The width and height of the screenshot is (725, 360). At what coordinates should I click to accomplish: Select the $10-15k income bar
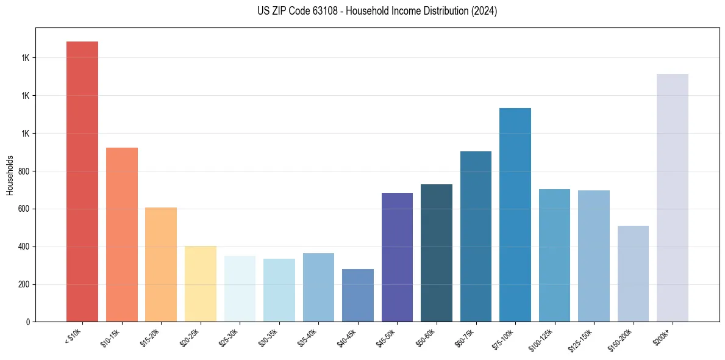(x=121, y=234)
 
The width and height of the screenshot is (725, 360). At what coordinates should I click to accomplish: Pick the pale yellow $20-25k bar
(x=200, y=284)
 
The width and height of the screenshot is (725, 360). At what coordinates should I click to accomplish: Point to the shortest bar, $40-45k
(x=357, y=295)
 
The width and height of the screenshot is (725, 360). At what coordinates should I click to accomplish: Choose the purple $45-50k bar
(x=397, y=257)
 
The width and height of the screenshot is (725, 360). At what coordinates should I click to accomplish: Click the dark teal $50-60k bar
(x=437, y=253)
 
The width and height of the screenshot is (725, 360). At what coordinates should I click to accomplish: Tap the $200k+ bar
(x=673, y=198)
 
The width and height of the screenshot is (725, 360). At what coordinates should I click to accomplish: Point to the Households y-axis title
(x=10, y=175)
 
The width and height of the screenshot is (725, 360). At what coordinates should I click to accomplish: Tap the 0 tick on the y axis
(x=27, y=322)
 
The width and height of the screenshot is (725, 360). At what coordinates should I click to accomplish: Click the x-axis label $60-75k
(x=466, y=337)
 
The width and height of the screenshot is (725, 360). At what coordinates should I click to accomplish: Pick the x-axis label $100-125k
(x=544, y=339)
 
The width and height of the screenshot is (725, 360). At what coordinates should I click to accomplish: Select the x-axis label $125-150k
(x=583, y=339)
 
